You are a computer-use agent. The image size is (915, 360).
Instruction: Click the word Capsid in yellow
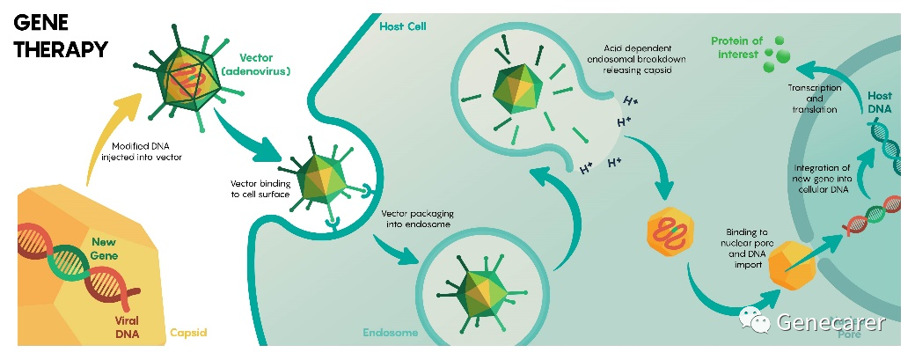[x=187, y=333]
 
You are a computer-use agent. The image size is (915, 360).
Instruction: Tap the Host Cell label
[x=403, y=26]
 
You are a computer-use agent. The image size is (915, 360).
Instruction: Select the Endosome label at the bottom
[x=389, y=333]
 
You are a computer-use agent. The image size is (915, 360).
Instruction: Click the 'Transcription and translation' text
[x=814, y=99]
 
